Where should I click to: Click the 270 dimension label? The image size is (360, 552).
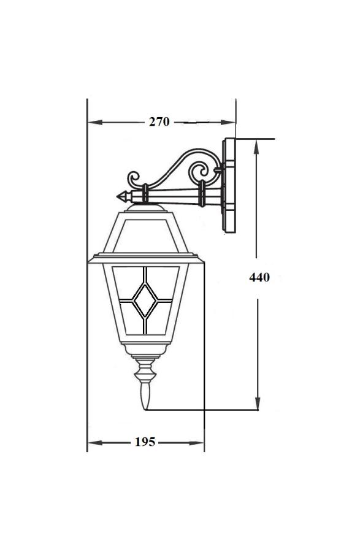159,122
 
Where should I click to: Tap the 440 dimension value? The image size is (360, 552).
259,277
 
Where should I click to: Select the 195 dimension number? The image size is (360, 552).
145,442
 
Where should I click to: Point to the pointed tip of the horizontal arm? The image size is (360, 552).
117,196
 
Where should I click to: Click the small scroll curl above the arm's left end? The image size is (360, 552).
133,178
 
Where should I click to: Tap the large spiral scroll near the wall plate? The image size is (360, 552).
201,173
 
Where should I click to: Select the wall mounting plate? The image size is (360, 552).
229,185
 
